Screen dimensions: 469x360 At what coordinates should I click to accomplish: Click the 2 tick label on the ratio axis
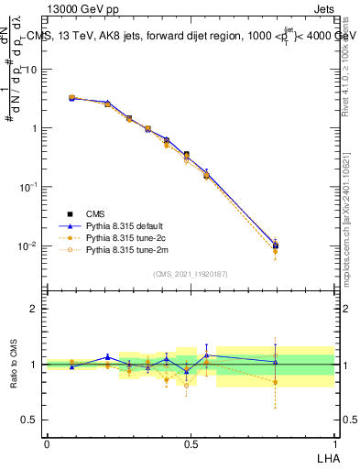click(x=34, y=309)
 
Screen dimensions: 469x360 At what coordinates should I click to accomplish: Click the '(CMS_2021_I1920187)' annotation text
click(x=191, y=274)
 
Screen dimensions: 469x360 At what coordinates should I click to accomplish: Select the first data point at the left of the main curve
click(x=72, y=97)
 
